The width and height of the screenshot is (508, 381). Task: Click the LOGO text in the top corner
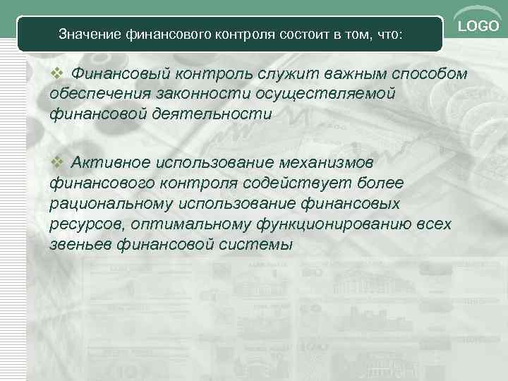478,26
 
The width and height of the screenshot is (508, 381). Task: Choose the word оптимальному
181,225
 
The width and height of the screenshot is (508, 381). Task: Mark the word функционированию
332,225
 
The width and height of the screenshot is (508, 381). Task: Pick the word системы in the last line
257,246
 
